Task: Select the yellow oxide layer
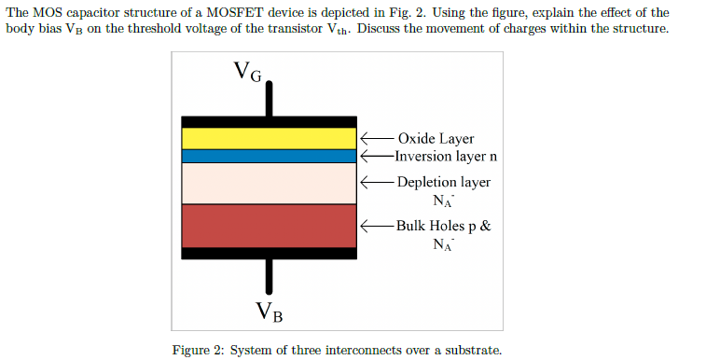(269, 138)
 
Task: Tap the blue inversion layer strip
(269, 157)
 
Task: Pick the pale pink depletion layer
(269, 184)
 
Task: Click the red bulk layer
(269, 226)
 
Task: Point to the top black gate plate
(269, 121)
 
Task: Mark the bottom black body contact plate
(269, 253)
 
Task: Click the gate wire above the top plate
(270, 99)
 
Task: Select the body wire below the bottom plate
(270, 275)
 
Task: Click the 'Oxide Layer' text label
(436, 139)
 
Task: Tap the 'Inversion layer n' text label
(445, 156)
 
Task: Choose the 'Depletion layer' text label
(443, 182)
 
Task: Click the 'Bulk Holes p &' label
(443, 226)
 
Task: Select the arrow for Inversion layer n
(376, 156)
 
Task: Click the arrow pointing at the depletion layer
(376, 182)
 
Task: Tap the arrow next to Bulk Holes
(376, 226)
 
